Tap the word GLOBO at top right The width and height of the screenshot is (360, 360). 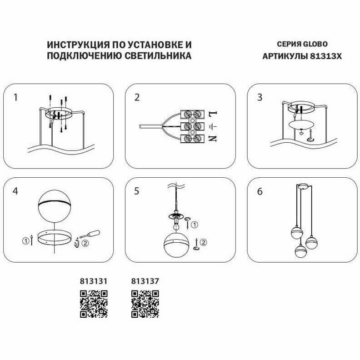(x=316, y=45)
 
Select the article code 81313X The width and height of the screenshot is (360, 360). (x=325, y=56)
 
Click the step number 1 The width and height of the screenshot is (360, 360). (x=16, y=97)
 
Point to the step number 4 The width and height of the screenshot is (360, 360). (x=16, y=191)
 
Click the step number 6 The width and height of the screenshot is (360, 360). (x=260, y=191)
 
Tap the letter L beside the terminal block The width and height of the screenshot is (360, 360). (x=215, y=112)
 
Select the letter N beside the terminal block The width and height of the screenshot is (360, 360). (x=215, y=139)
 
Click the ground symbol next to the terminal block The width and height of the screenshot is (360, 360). (x=215, y=125)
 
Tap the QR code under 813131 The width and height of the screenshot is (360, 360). (x=94, y=304)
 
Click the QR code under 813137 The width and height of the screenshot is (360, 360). (x=145, y=304)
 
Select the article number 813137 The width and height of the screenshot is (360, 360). (x=145, y=281)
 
